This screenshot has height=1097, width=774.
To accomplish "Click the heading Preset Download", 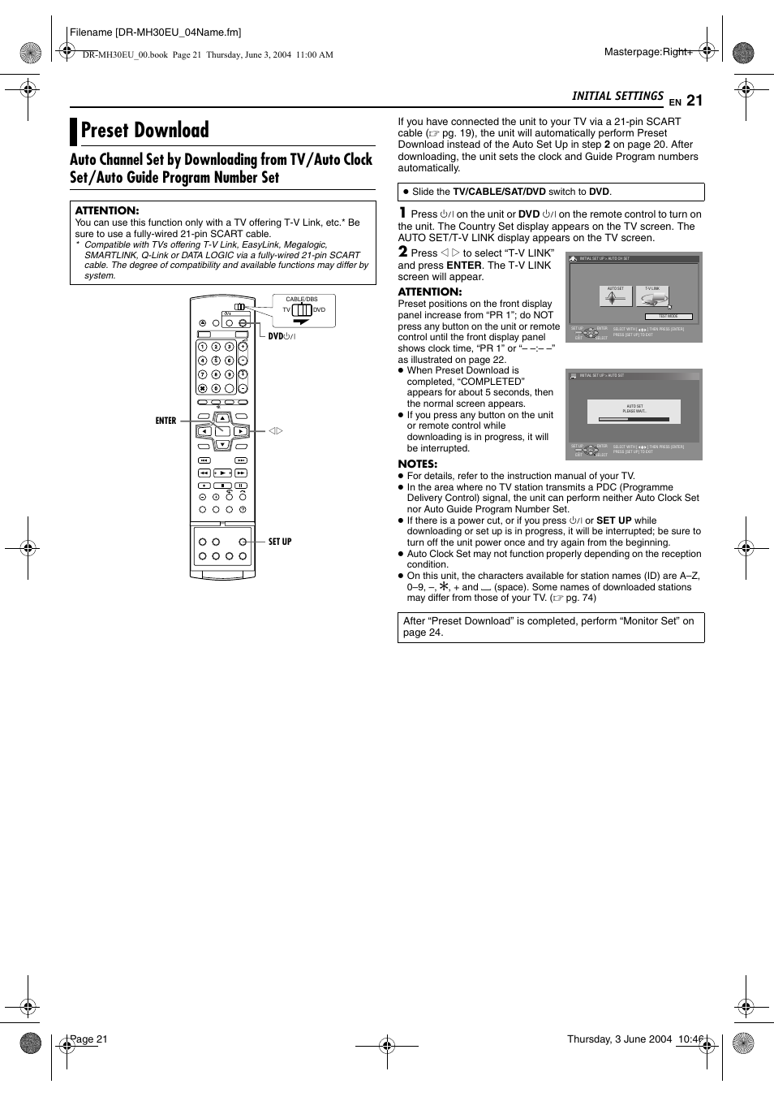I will [x=144, y=131].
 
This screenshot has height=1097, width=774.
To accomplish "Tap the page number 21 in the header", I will [x=694, y=101].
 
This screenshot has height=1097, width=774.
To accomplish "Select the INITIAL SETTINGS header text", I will [x=617, y=96].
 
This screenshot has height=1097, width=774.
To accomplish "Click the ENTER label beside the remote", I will [x=166, y=421].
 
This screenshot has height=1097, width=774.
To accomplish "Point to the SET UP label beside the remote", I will [x=280, y=542].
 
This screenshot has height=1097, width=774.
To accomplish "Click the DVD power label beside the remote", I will [x=282, y=336].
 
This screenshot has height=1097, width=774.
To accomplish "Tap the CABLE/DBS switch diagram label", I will [x=302, y=300].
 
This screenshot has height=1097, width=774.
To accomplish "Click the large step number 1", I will [x=402, y=213].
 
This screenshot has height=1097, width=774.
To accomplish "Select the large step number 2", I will [x=402, y=252].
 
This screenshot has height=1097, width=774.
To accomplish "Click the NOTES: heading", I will [x=417, y=464].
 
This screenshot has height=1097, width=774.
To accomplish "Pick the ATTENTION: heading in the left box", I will [x=107, y=210].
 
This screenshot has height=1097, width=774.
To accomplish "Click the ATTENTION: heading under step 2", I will [x=430, y=292].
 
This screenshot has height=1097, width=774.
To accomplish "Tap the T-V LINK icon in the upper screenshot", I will [x=654, y=296].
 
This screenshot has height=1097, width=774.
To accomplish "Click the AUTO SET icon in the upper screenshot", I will [x=616, y=296].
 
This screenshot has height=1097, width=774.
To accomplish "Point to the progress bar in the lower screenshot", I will [x=634, y=420].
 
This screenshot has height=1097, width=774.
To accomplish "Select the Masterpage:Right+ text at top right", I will [x=648, y=52].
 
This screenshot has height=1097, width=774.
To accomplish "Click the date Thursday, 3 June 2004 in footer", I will [x=619, y=1039].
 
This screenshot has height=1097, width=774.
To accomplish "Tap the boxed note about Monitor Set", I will [x=550, y=627].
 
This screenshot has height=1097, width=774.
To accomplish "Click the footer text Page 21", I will [x=89, y=1039].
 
